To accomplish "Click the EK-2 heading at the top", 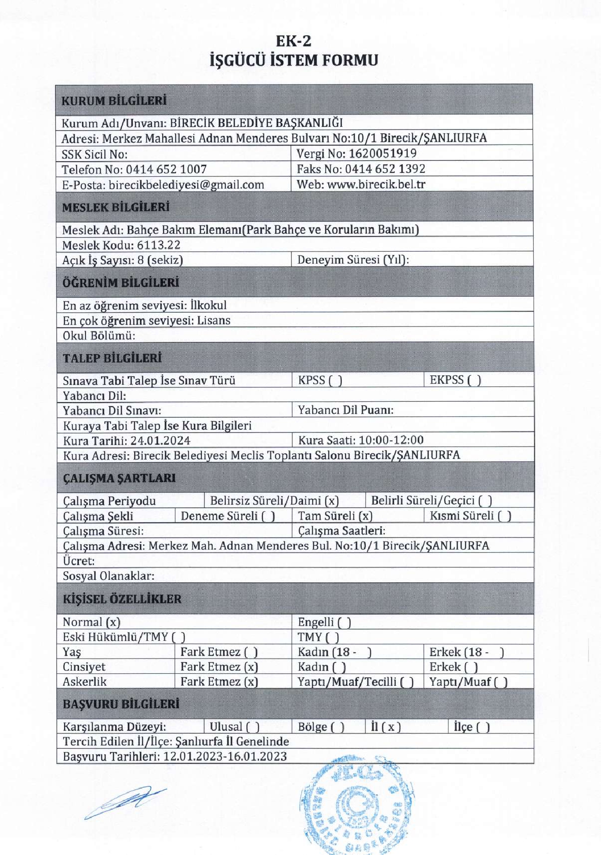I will coord(293,41).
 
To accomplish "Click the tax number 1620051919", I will coord(382,154).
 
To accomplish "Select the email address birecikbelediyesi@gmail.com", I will coord(186,185).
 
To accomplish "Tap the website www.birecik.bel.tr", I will coord(376,184).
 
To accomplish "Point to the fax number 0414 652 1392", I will coord(385,169).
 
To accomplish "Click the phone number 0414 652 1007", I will coord(166,169).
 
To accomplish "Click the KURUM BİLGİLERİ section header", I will coord(114,101).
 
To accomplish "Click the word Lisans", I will coord(214,321).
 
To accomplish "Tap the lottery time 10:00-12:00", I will coord(391,440).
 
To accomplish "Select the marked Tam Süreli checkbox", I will coord(365,516).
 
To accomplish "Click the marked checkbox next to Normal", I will coord(113,623).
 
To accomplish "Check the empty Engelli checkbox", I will coord(344,623).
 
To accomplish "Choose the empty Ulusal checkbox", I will coord(253,727).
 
